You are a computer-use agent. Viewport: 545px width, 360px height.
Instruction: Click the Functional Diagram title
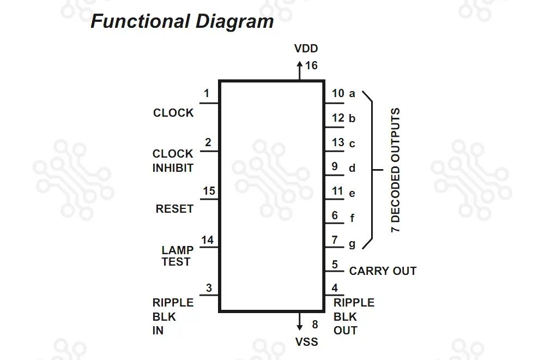[182, 22]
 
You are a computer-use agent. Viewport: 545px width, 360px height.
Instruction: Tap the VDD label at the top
[306, 49]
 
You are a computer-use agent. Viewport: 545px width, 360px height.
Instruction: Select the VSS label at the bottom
[306, 342]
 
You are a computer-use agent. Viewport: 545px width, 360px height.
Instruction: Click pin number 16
[311, 66]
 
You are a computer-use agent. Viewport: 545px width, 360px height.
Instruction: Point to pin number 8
[315, 325]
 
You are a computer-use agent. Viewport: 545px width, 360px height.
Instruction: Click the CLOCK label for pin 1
[173, 113]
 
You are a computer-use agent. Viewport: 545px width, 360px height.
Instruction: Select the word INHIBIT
[173, 168]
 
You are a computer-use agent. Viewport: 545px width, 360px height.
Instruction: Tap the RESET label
[174, 209]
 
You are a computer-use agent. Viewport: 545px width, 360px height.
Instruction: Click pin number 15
[209, 191]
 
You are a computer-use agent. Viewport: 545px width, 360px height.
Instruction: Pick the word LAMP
[177, 250]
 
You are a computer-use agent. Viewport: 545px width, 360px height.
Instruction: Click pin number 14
[207, 240]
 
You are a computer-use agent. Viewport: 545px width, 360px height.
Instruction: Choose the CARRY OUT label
[383, 271]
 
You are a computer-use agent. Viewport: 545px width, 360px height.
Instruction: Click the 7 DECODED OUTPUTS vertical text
[396, 171]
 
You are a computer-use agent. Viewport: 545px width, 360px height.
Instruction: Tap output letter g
[352, 243]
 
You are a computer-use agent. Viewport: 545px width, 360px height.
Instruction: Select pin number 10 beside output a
[338, 93]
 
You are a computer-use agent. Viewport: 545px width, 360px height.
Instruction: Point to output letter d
[352, 168]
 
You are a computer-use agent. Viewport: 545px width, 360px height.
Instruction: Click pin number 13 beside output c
[338, 142]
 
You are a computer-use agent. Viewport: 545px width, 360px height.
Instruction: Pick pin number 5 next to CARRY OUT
[335, 265]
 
